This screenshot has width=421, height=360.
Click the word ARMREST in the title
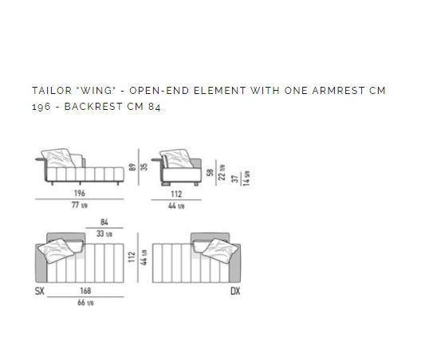(338, 91)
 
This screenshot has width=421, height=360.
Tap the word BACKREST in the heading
(93, 107)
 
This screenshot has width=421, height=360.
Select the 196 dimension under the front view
(80, 193)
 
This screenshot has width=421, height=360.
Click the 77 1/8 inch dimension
(80, 205)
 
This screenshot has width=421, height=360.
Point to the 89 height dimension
(132, 167)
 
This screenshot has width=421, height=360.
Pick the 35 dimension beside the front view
(144, 166)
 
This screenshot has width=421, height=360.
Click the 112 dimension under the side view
(176, 194)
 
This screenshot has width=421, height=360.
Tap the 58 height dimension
(210, 172)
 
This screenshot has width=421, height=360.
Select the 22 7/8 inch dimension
(222, 172)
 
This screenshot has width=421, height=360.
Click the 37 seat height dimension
(235, 179)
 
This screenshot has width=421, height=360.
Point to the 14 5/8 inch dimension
(246, 178)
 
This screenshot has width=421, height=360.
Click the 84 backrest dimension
(104, 222)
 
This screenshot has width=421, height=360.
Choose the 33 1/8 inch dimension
(104, 233)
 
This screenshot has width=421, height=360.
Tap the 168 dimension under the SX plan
(85, 291)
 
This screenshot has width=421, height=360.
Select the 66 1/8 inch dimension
(85, 303)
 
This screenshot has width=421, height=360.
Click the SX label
(40, 291)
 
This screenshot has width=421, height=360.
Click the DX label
(235, 291)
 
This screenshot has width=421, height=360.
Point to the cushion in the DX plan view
(220, 250)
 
